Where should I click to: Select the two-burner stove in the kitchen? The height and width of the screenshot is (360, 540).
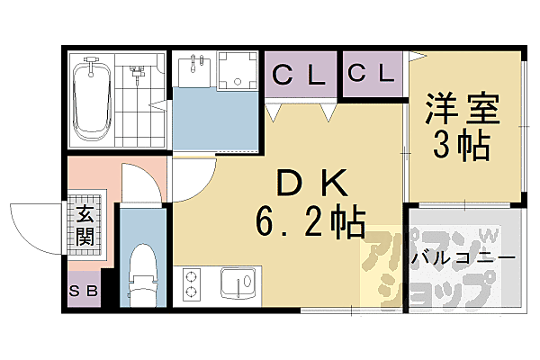click(x=191, y=285)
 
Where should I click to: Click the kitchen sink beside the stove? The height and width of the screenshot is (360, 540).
click(x=236, y=287)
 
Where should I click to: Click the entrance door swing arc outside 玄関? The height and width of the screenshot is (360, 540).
click(x=36, y=229)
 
